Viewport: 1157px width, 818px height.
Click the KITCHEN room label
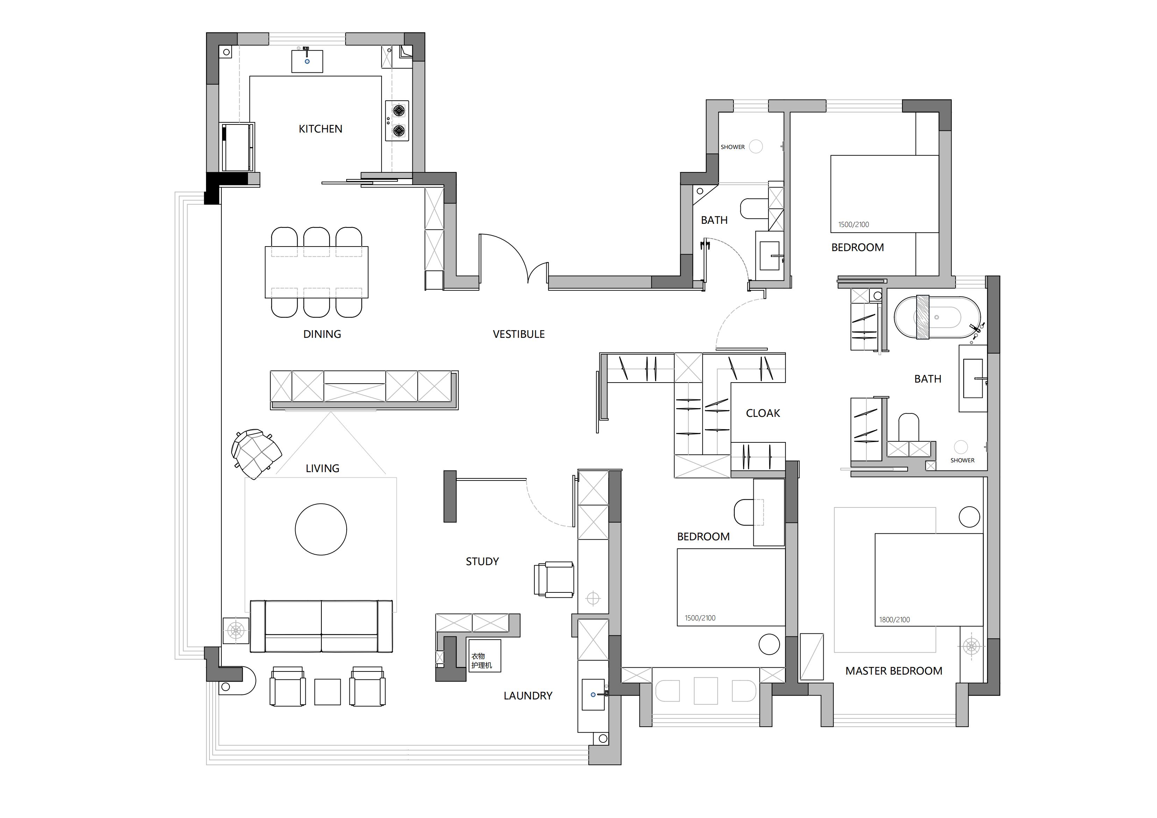point(320,129)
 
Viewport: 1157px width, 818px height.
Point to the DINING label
point(322,334)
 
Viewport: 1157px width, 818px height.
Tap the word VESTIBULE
point(519,334)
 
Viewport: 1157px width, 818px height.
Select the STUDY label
point(482,561)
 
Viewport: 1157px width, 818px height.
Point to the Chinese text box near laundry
point(485,656)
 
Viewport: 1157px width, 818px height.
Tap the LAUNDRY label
point(528,696)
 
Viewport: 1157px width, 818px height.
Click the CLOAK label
point(763,413)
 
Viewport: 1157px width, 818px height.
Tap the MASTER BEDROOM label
point(894,671)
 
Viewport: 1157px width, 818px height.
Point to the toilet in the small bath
point(754,208)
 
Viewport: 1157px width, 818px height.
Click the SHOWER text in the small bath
point(733,147)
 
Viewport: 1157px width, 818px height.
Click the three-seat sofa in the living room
point(321,626)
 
